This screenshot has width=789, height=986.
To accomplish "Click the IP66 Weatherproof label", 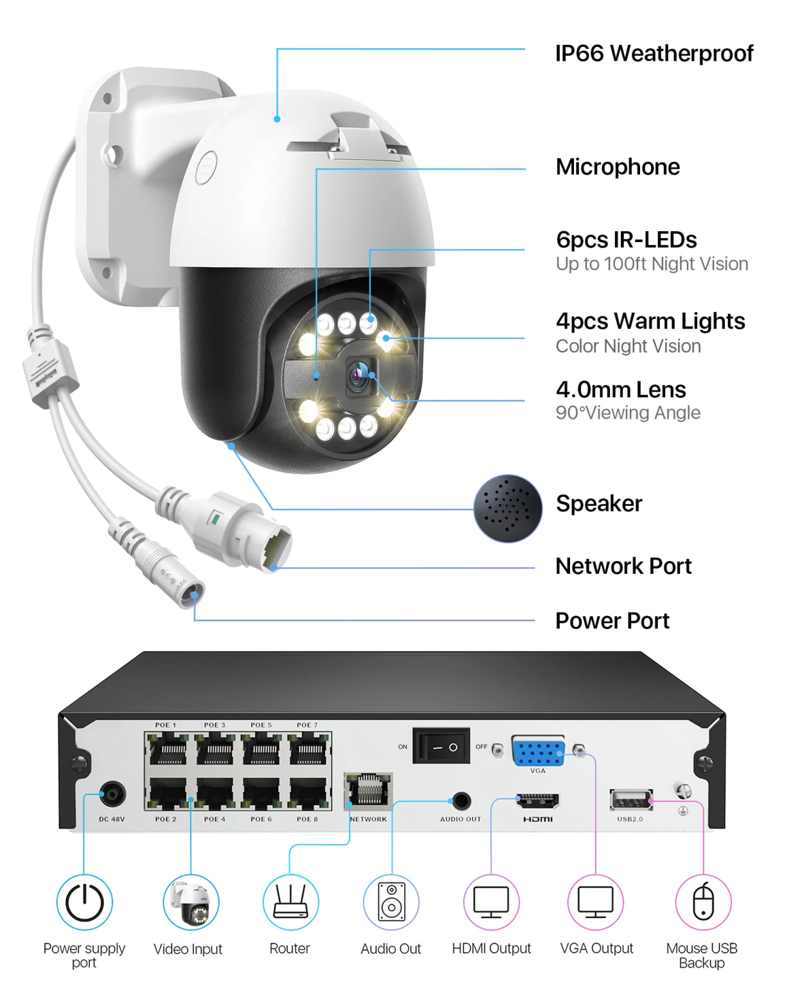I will [654, 53].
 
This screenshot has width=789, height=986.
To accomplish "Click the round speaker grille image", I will [507, 508].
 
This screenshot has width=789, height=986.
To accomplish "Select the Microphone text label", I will [618, 167].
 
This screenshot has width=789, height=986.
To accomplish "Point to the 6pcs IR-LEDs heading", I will [626, 239].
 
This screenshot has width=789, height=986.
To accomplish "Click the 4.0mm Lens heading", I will [620, 389].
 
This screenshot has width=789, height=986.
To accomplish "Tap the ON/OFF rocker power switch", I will [441, 747].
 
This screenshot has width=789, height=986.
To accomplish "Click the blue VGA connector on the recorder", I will [538, 752].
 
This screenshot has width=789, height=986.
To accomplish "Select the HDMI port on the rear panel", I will [538, 800].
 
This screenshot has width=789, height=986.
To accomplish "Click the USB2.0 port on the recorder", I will [630, 800].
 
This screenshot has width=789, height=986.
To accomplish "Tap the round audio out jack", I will [461, 800].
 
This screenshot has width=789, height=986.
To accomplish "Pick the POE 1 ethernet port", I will [167, 750].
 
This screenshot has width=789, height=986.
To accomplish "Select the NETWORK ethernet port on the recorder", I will [368, 791].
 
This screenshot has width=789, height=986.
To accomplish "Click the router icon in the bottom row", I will [291, 902].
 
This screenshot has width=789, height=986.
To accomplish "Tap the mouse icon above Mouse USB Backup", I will [703, 902].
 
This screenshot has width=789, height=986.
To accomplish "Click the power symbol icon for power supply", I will [85, 902].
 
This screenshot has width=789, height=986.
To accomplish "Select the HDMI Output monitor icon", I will [491, 902].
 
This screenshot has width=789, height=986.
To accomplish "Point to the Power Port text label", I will [612, 621].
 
